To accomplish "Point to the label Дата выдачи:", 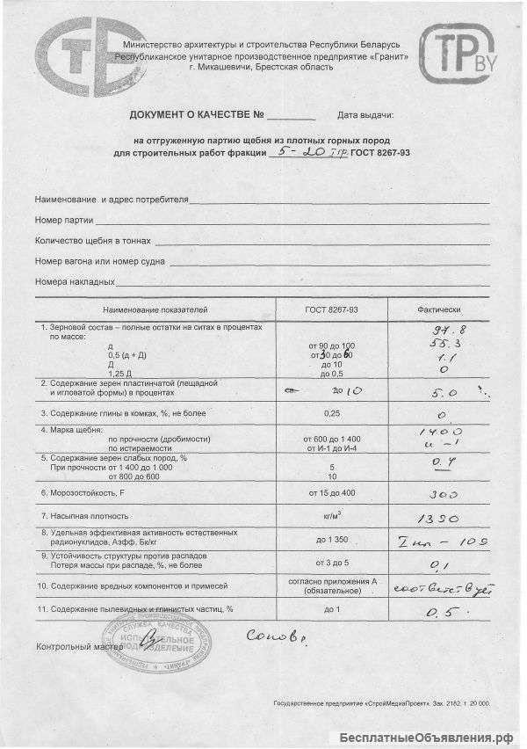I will [365, 116].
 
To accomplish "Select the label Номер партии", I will [63, 219].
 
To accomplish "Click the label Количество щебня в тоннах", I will [93, 240].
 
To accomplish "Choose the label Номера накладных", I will [75, 282].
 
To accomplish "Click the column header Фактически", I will [437, 310].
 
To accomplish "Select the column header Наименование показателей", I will [155, 310].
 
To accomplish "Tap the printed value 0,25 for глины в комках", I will [331, 412].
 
